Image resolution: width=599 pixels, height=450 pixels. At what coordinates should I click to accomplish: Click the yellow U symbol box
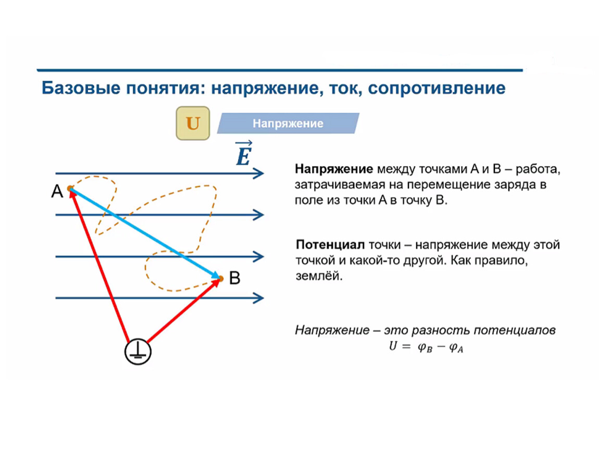[x=193, y=123]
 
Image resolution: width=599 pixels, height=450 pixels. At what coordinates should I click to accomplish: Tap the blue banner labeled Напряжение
[x=288, y=123]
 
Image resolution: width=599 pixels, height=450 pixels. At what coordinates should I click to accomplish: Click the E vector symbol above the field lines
[x=244, y=154]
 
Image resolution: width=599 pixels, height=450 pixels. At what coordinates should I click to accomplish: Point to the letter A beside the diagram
[x=57, y=191]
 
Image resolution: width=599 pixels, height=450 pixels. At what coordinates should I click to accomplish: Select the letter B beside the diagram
[x=234, y=278]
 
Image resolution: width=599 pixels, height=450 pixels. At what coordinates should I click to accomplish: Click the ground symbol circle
[x=138, y=352]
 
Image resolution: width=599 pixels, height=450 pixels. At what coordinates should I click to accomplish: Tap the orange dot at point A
[x=70, y=189]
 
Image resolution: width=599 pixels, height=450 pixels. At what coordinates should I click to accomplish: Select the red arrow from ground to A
[x=99, y=265]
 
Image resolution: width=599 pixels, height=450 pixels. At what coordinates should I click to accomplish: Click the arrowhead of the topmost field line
[x=259, y=173]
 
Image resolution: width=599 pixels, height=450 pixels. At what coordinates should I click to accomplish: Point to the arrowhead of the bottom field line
[x=259, y=297]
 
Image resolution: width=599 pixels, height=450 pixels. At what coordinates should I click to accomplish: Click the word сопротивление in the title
[x=436, y=88]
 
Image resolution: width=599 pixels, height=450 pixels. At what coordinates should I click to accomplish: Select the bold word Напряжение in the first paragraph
[x=334, y=169]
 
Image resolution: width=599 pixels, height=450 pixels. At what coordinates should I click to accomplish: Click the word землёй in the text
[x=319, y=276]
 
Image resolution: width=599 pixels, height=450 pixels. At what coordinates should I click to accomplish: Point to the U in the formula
[x=393, y=346]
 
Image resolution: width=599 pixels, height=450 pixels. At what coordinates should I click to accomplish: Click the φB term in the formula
[x=425, y=347]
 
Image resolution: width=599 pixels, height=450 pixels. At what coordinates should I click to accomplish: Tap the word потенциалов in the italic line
[x=515, y=330]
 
